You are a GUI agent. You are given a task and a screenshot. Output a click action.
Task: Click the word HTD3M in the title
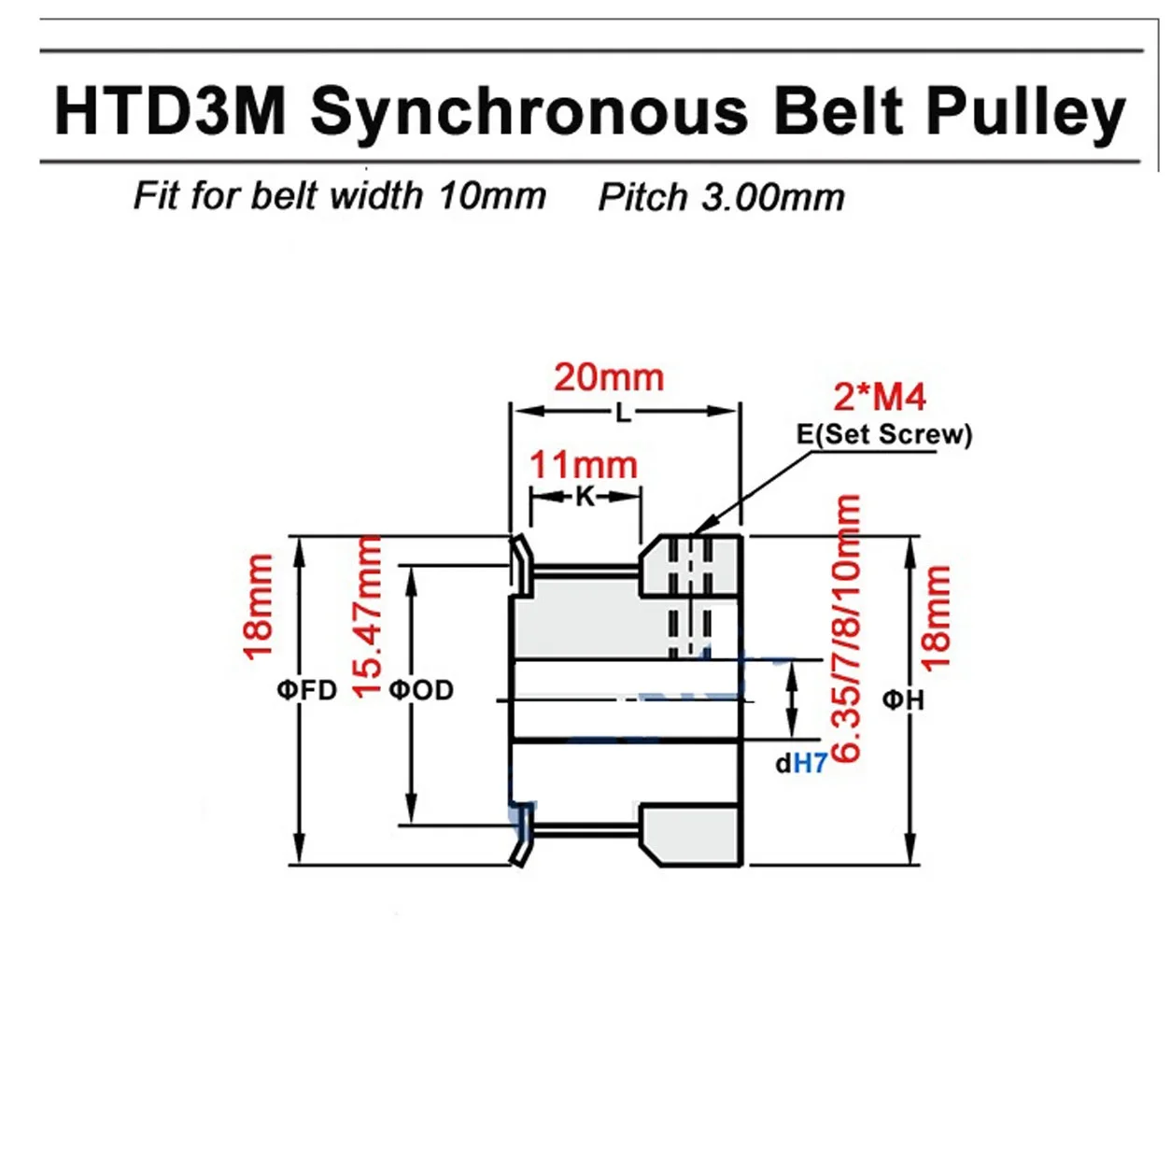pyautogui.click(x=170, y=112)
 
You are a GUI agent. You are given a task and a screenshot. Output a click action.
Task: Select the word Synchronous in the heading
pyautogui.click(x=529, y=112)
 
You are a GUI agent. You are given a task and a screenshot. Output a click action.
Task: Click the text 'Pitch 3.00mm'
pyautogui.click(x=721, y=197)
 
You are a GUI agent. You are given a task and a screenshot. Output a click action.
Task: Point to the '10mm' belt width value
pyautogui.click(x=492, y=196)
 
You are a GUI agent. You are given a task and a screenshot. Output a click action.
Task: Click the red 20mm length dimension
pyautogui.click(x=609, y=377)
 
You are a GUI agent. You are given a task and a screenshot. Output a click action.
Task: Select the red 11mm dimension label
pyautogui.click(x=584, y=465)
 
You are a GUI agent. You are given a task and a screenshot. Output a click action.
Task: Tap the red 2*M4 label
pyautogui.click(x=879, y=397)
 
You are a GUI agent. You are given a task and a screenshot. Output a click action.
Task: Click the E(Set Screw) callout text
pyautogui.click(x=883, y=434)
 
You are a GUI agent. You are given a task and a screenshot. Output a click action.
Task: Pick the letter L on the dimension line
pyautogui.click(x=623, y=412)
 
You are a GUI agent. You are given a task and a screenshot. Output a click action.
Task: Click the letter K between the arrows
pyautogui.click(x=585, y=497)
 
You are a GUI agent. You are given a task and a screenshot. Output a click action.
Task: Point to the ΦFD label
pyautogui.click(x=306, y=690)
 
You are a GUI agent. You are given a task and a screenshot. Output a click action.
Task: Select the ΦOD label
pyautogui.click(x=421, y=690)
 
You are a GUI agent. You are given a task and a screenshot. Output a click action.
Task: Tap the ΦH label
pyautogui.click(x=903, y=698)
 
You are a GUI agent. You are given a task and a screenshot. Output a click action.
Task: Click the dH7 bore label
pyautogui.click(x=801, y=764)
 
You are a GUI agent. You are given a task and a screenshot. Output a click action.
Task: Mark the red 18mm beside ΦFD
pyautogui.click(x=258, y=606)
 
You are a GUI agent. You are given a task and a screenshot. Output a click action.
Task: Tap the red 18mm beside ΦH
pyautogui.click(x=935, y=617)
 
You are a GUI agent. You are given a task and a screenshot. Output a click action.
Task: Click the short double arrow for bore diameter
pyautogui.click(x=792, y=700)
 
